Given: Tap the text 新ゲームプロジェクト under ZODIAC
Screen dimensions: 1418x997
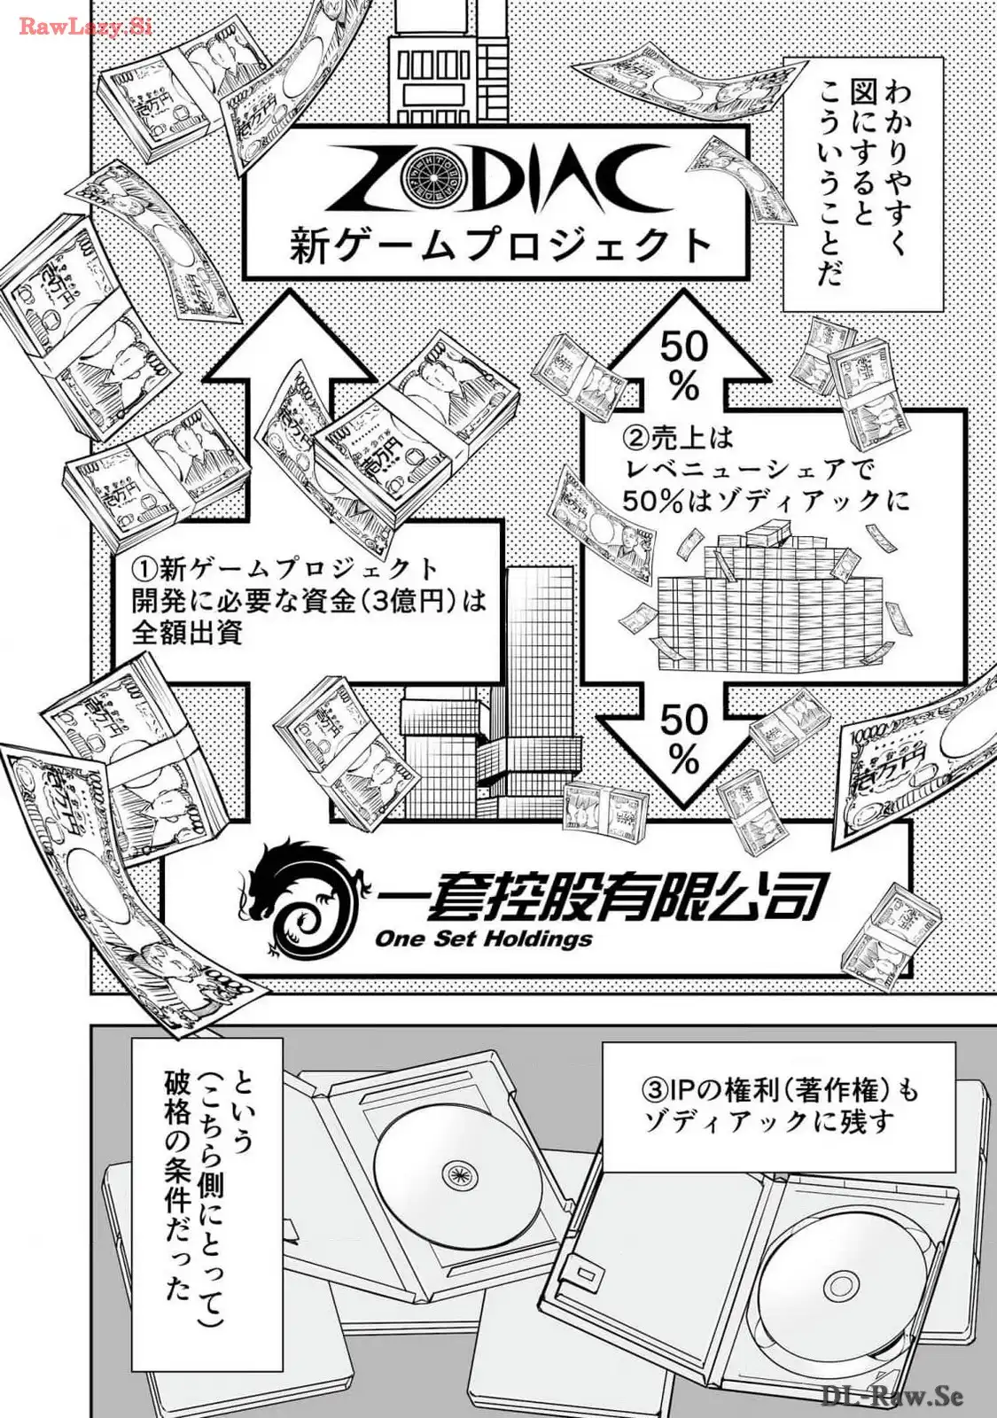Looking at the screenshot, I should click(501, 245).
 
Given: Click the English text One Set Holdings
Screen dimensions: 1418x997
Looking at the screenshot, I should click(484, 938).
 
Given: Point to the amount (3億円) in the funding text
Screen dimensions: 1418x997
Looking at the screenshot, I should click(402, 601).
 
